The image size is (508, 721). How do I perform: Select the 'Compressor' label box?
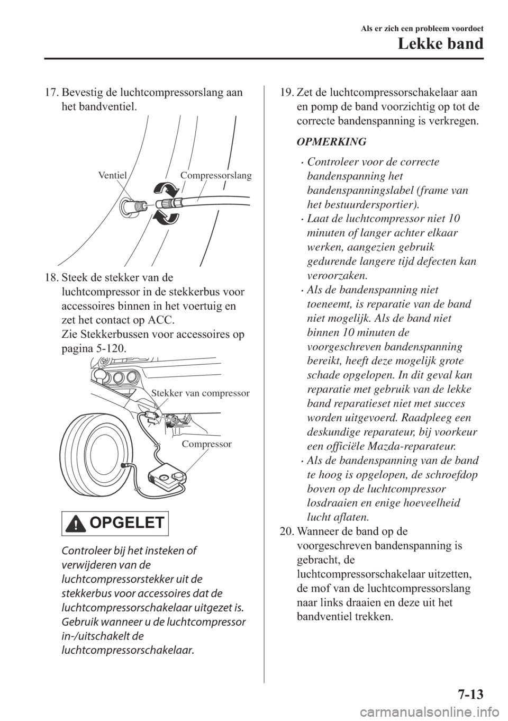coord(206,444)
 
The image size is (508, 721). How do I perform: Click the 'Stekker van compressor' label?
coord(201,393)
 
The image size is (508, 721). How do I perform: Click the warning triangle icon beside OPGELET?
coord(77,525)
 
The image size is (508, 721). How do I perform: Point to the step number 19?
coord(286,93)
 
